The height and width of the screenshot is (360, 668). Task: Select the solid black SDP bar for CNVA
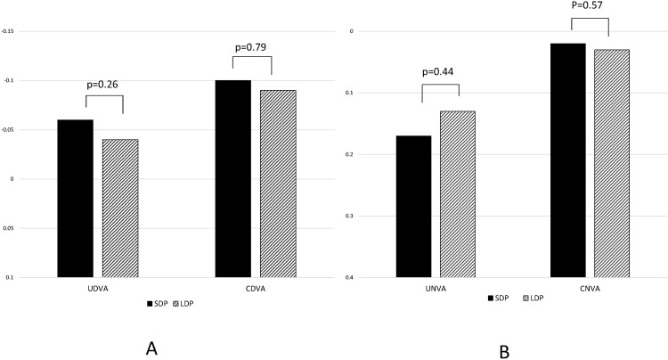coord(567,160)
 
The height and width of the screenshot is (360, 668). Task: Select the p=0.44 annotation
coord(440,73)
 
